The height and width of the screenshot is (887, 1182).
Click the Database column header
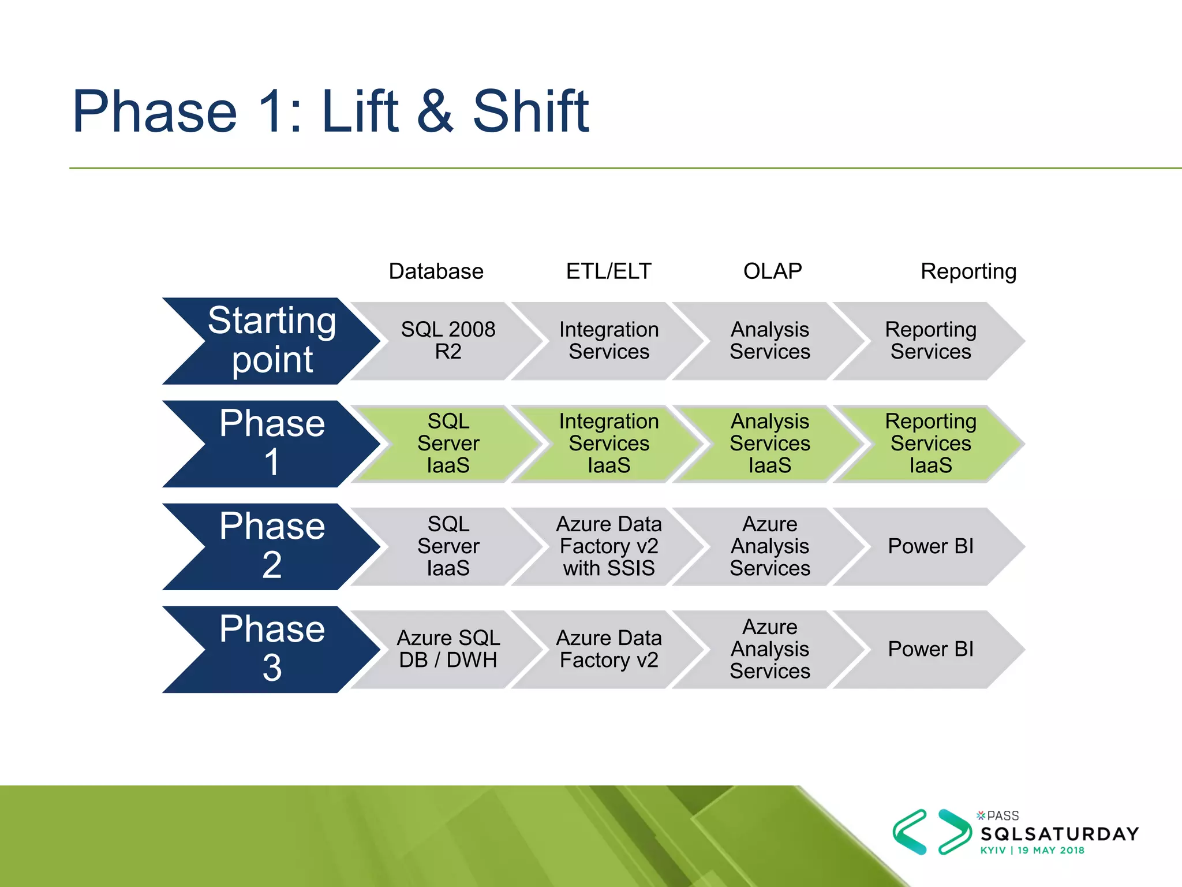(x=436, y=271)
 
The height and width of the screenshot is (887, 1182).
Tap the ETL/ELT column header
(x=608, y=271)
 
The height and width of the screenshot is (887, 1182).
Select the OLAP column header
(x=772, y=271)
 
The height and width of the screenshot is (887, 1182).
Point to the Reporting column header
(x=968, y=271)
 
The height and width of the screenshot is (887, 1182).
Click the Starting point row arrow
(x=271, y=341)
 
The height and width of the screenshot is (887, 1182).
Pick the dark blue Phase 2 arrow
(x=271, y=546)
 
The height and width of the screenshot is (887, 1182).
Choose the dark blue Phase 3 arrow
(x=271, y=649)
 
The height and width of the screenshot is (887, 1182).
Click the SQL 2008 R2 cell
(x=448, y=341)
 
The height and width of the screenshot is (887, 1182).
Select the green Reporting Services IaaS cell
(x=930, y=443)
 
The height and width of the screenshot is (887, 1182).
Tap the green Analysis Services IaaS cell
(x=769, y=443)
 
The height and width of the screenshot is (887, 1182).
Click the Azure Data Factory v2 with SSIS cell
(x=609, y=546)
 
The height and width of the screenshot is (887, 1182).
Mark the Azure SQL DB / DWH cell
(x=448, y=649)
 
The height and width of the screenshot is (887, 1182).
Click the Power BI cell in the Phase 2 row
(x=930, y=546)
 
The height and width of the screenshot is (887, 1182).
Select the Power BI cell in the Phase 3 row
(x=930, y=649)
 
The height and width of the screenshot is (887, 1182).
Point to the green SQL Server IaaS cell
(x=448, y=443)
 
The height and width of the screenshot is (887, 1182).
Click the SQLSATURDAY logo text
(x=1060, y=834)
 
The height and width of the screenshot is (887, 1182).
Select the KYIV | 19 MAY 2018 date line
(x=1032, y=851)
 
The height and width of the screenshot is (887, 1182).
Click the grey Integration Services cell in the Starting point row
(x=609, y=341)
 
